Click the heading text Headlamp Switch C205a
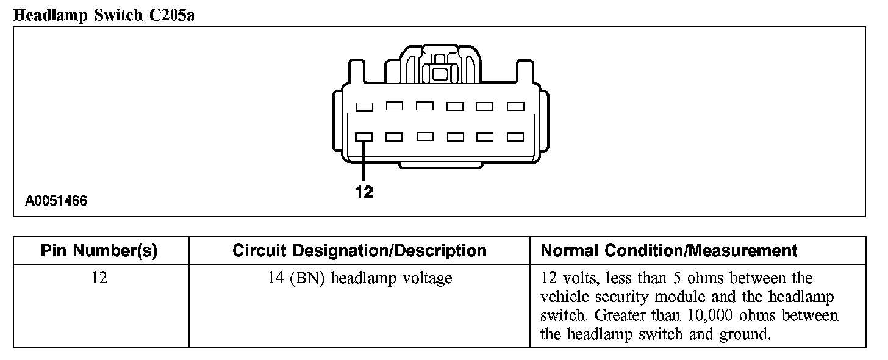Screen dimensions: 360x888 point(104,15)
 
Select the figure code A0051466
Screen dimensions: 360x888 point(56,201)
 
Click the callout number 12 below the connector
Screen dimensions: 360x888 point(364,192)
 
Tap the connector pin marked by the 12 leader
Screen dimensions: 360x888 point(364,137)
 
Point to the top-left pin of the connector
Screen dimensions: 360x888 point(364,107)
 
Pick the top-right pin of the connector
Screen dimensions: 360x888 point(516,106)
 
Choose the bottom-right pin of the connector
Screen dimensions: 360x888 point(516,137)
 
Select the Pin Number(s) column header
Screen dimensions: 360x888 point(99,251)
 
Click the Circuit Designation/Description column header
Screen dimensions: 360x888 point(359,251)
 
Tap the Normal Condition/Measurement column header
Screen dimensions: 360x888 point(669,251)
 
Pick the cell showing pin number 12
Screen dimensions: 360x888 point(99,278)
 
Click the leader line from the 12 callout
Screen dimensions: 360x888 point(364,162)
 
